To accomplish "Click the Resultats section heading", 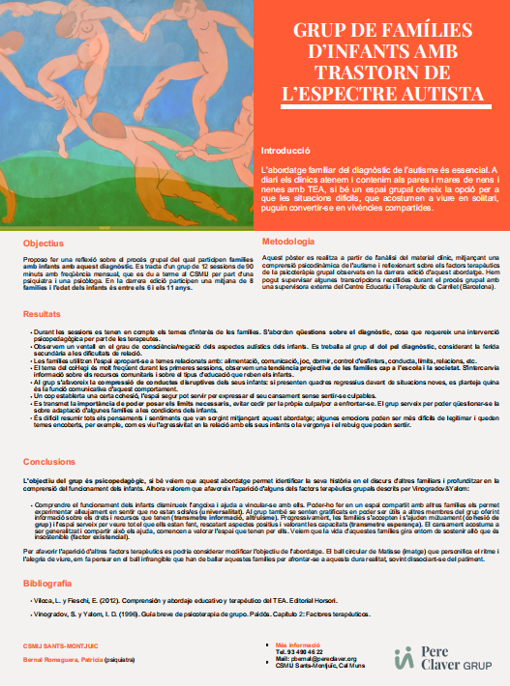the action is [x=43, y=287].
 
